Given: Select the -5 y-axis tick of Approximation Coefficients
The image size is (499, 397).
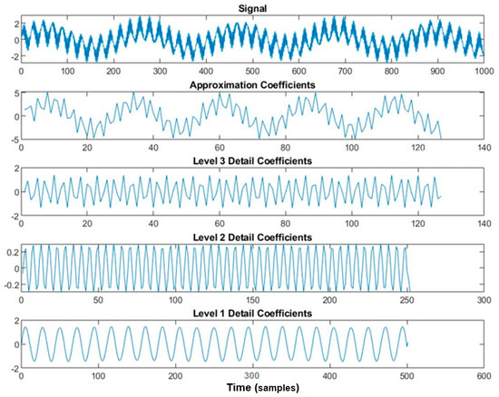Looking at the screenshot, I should pos(13,138).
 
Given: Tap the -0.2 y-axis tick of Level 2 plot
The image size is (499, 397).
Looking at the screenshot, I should pos(9,283).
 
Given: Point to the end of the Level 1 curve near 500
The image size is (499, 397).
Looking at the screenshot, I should pos(406,345).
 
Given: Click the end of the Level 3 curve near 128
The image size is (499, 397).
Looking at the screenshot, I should pos(441,197).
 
